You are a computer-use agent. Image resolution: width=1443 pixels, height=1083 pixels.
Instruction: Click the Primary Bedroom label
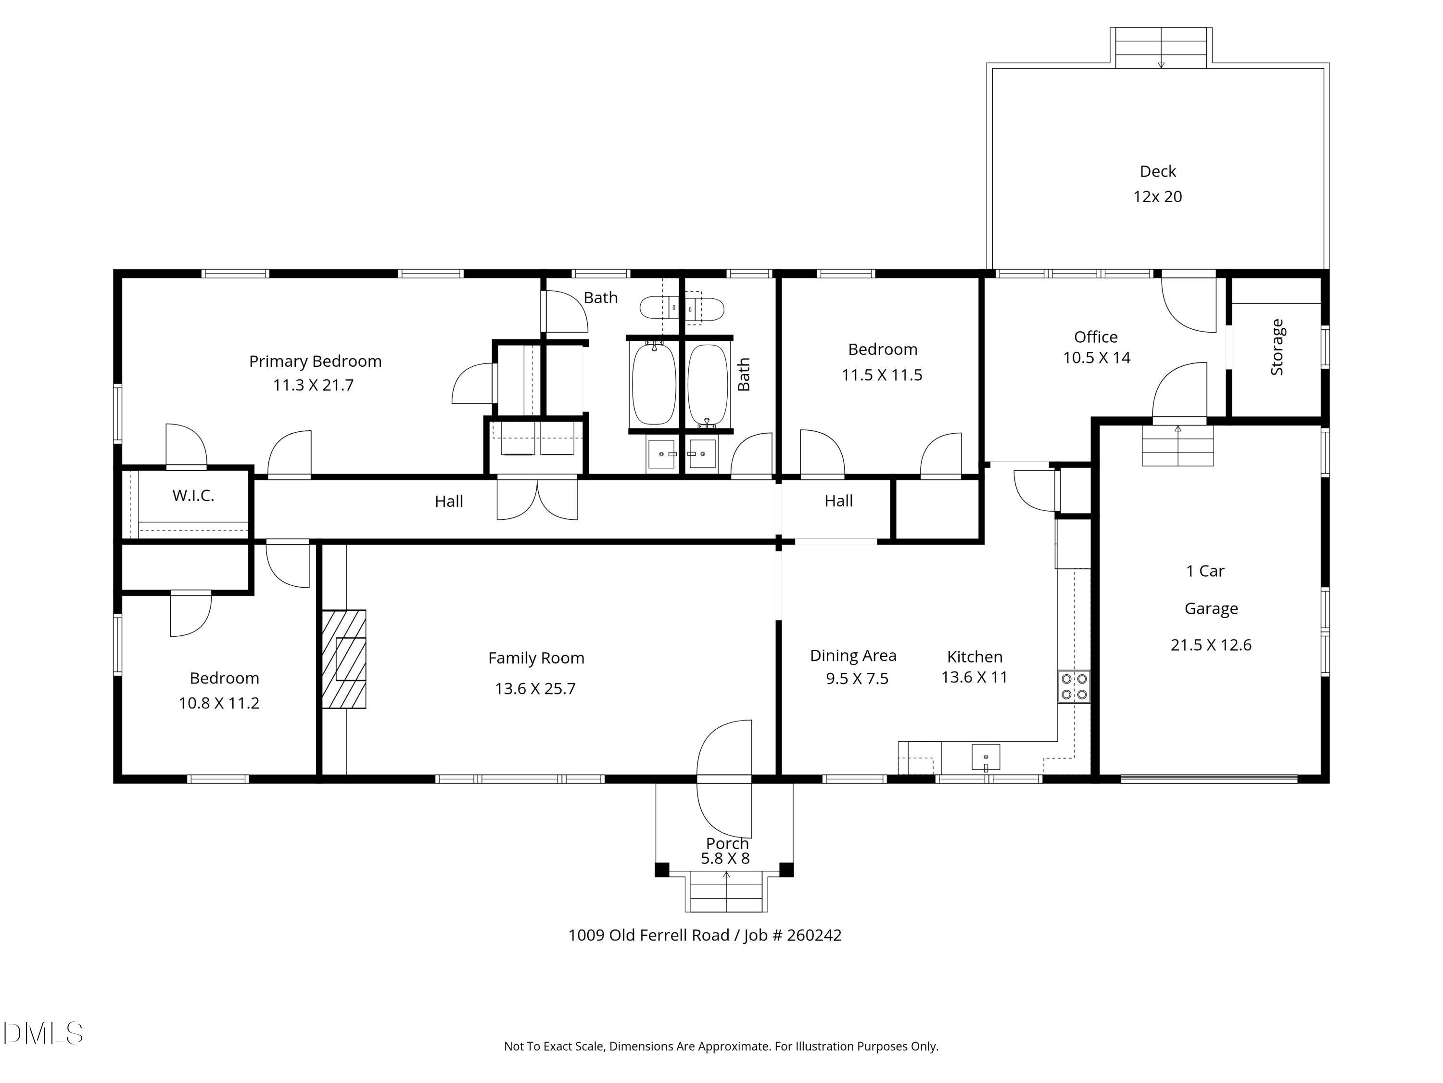click(x=315, y=361)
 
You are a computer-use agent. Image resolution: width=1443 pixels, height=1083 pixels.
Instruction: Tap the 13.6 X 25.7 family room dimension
click(x=535, y=689)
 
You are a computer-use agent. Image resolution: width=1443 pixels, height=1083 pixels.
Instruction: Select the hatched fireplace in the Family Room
click(x=344, y=658)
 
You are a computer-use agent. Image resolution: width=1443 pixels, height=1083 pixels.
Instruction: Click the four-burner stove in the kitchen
click(x=1074, y=686)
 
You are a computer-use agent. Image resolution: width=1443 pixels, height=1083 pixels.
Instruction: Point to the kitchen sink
click(x=986, y=757)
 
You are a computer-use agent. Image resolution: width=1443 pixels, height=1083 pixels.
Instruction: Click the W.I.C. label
click(x=193, y=495)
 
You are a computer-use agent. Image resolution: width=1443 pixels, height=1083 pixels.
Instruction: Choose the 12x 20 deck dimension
click(x=1157, y=196)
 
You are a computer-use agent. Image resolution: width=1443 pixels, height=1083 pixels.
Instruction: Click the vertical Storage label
click(x=1277, y=348)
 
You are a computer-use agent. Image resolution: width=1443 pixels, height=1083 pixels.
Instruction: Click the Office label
click(x=1096, y=337)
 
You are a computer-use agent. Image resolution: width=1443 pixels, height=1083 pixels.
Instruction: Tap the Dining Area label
click(x=853, y=656)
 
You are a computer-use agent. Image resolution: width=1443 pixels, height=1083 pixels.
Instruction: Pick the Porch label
click(x=727, y=843)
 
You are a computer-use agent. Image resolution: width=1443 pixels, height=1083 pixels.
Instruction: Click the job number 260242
click(x=814, y=935)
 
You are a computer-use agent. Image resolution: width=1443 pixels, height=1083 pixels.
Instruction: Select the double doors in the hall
click(x=537, y=500)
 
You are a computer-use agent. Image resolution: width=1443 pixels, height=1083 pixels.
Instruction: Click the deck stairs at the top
click(x=1161, y=48)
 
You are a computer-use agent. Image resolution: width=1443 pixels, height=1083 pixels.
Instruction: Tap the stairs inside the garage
click(x=1177, y=446)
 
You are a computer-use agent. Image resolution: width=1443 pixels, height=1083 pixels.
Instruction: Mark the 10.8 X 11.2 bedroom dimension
click(x=219, y=703)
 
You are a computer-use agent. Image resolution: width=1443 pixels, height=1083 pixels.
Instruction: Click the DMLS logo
click(x=43, y=1033)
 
